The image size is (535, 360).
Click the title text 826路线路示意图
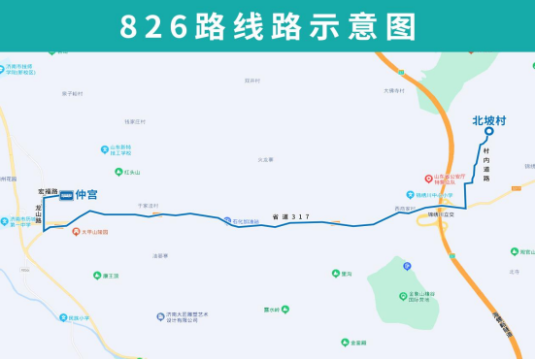point(267,26)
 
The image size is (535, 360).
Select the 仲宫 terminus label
point(86,196)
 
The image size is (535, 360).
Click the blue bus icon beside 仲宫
point(65,196)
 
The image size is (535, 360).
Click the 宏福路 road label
point(48,191)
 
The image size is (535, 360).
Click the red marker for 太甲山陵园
point(76,233)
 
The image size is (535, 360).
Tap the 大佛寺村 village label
point(392,91)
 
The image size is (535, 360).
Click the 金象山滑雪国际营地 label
point(423,297)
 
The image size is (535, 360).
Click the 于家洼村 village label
point(147,206)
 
